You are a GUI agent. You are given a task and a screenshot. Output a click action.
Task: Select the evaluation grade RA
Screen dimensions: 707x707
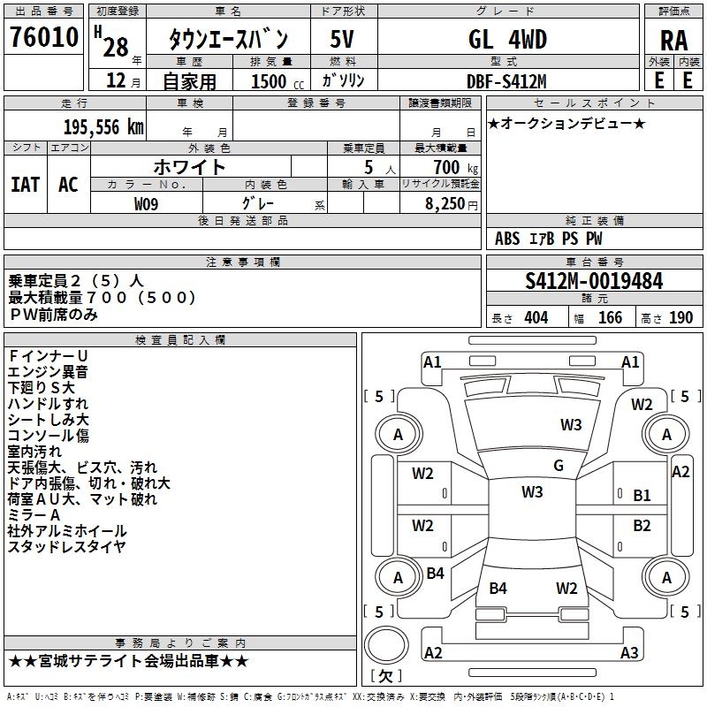674,41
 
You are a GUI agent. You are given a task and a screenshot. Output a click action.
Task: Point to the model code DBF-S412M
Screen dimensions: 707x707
507,80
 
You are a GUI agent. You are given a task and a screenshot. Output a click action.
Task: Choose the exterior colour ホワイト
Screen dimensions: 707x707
190,166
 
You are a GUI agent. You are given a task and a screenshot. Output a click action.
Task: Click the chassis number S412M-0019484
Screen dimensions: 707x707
594,281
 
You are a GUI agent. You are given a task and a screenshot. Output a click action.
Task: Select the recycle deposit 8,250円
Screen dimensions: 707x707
451,204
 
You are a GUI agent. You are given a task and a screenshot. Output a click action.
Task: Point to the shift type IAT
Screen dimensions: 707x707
25,184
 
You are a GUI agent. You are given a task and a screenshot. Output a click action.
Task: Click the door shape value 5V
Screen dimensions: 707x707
343,40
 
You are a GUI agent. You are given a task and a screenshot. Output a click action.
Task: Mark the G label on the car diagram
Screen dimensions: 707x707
559,466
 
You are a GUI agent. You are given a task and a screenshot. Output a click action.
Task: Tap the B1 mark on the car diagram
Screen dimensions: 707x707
642,496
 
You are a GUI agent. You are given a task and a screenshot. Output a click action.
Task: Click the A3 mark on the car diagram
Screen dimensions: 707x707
629,653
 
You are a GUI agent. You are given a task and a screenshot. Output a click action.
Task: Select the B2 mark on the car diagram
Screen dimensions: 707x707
642,526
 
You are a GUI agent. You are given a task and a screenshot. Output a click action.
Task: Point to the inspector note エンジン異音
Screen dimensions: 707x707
48,371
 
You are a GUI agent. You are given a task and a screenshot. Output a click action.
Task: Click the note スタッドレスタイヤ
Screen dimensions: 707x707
67,546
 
